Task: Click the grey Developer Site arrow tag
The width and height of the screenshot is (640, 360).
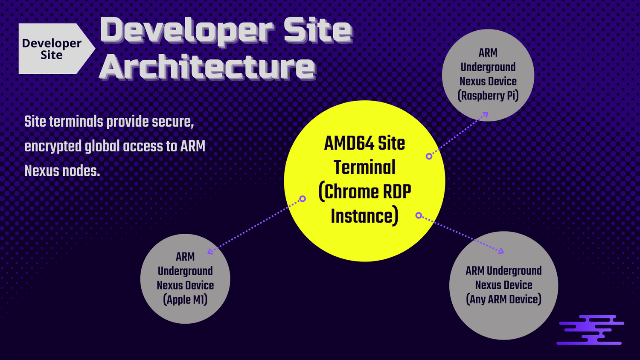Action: [53, 49]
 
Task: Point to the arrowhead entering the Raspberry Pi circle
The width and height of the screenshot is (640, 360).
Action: [485, 114]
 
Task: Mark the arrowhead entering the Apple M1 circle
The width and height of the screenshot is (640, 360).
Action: [210, 251]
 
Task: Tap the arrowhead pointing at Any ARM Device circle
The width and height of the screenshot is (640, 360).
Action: [501, 251]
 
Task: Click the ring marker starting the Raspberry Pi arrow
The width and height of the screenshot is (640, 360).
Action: [429, 156]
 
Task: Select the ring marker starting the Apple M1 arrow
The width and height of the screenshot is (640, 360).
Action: [303, 199]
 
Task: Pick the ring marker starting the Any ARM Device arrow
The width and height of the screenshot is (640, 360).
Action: [419, 215]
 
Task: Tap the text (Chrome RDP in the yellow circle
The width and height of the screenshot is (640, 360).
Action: [365, 192]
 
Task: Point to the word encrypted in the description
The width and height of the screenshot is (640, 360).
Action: [53, 146]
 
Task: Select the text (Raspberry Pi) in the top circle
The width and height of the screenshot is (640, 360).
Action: [488, 96]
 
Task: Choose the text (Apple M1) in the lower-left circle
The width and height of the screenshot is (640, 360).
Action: [185, 299]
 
